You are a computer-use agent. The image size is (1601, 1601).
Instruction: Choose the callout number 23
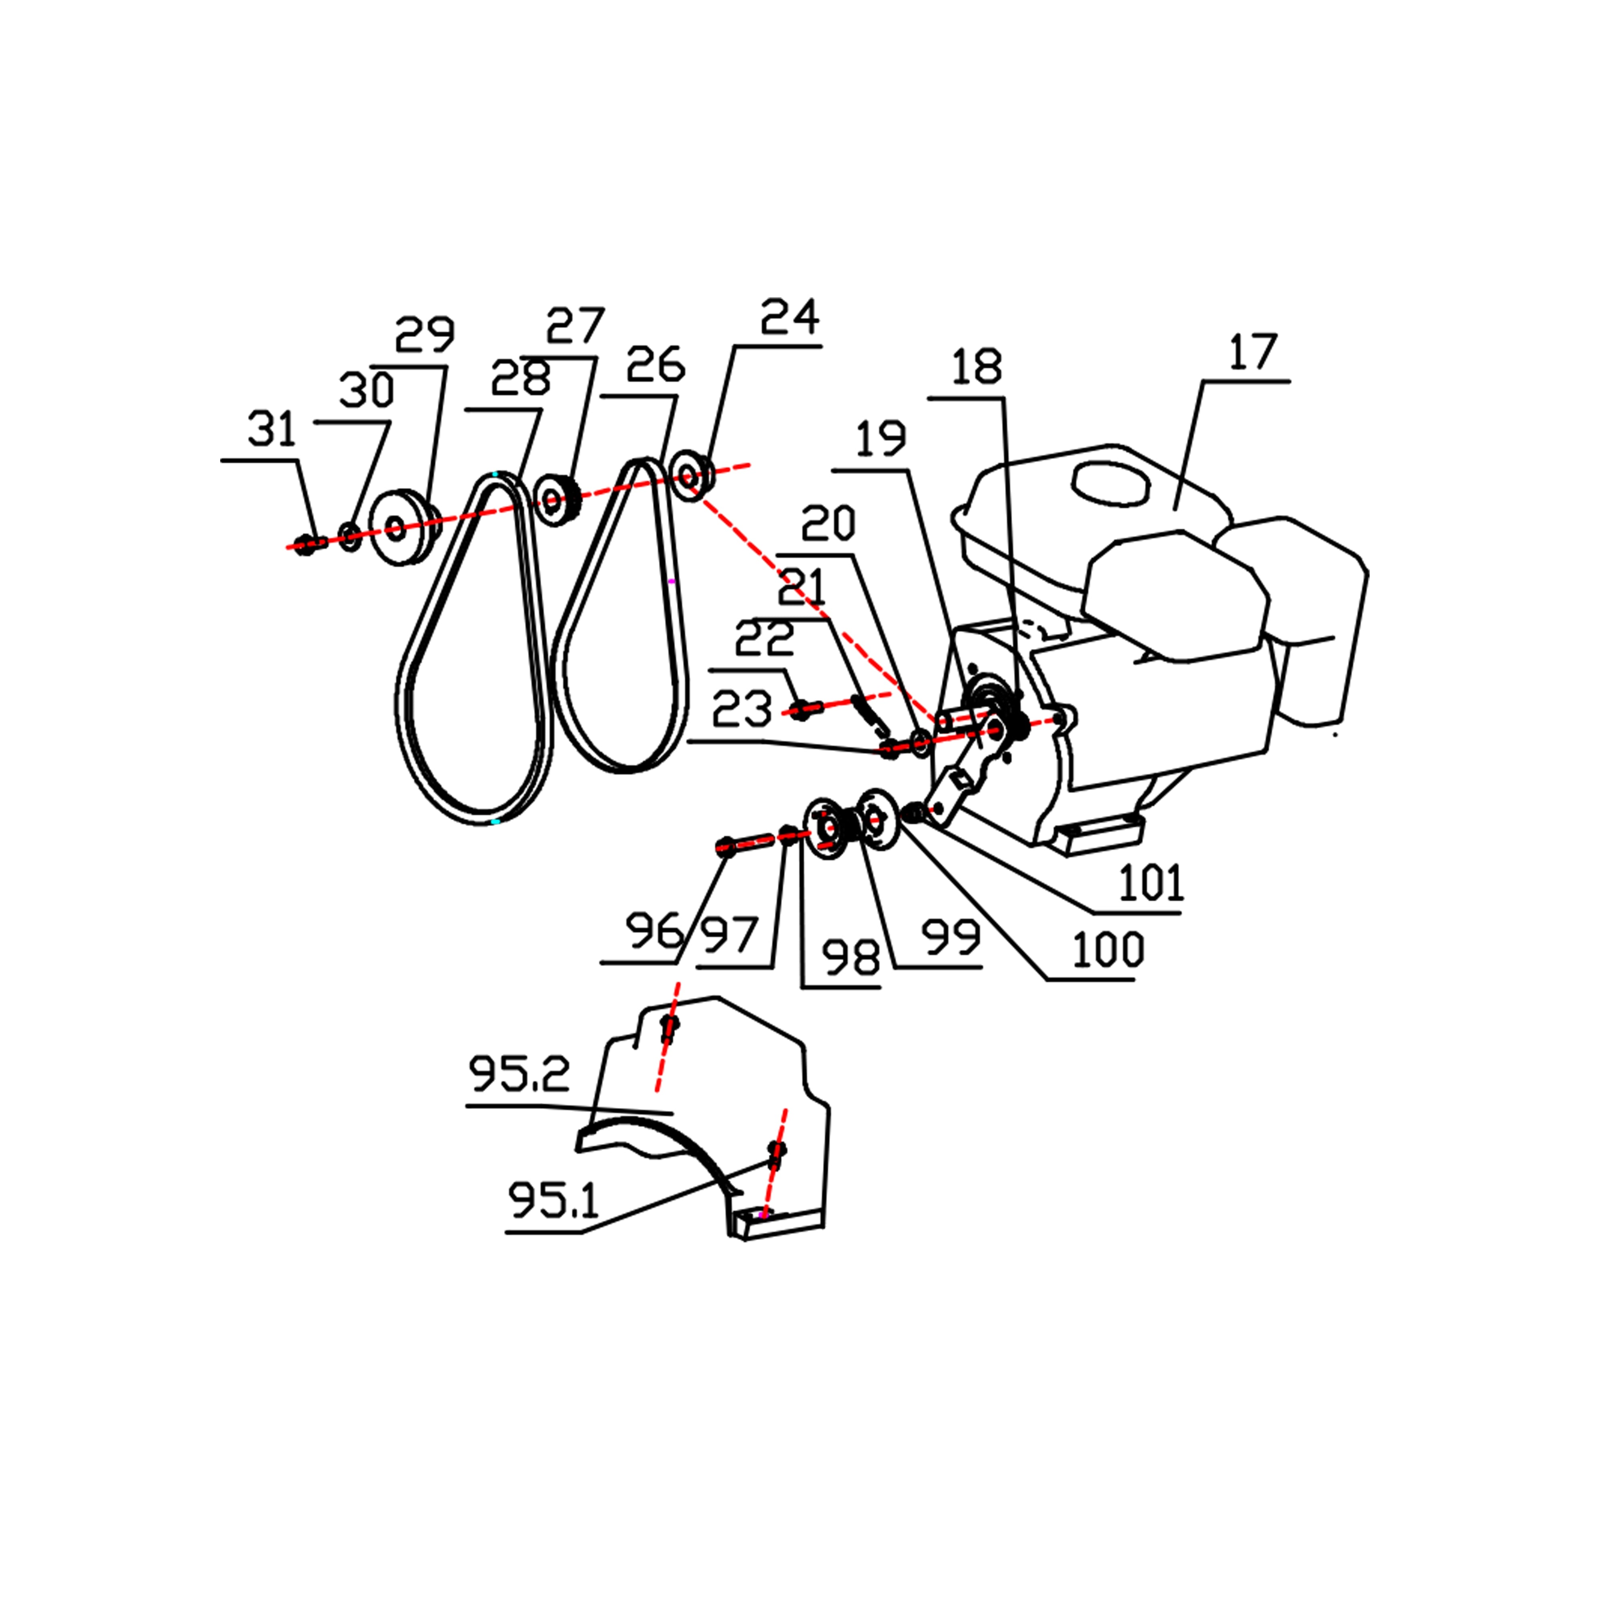pos(742,709)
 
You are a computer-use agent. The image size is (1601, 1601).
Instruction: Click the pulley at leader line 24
pos(690,475)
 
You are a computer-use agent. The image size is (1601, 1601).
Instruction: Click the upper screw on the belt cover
pos(669,1027)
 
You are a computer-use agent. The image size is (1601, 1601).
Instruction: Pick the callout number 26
pos(656,365)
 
